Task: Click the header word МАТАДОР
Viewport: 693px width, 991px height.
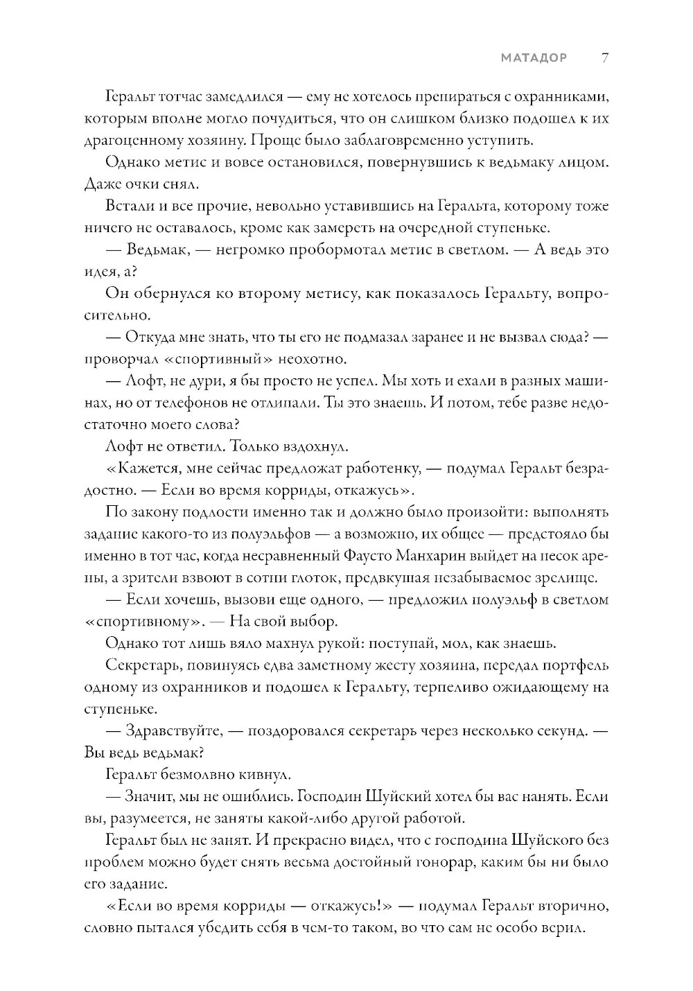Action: (x=534, y=58)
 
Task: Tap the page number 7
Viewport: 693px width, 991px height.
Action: (x=604, y=58)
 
